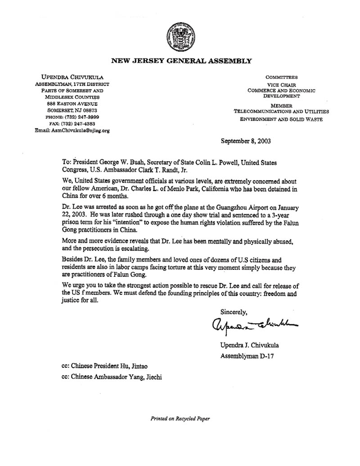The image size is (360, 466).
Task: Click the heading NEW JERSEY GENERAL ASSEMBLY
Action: (x=181, y=60)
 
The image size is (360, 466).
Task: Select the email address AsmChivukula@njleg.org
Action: (x=72, y=131)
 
